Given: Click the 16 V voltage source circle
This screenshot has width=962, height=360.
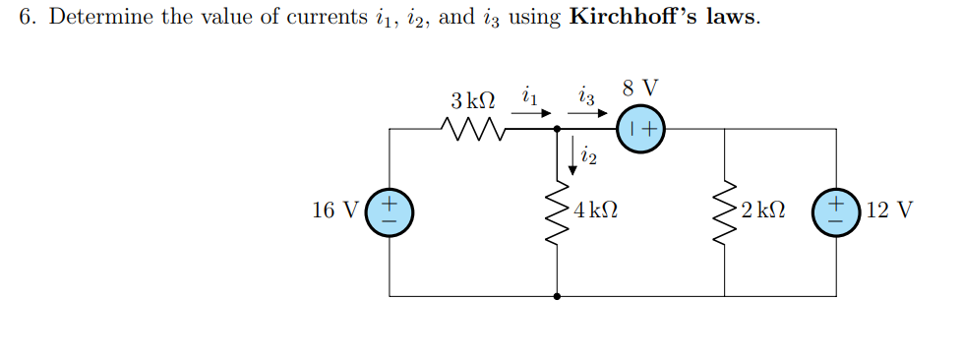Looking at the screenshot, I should (390, 211).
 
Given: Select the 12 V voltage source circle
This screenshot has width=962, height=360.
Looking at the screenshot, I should (837, 211).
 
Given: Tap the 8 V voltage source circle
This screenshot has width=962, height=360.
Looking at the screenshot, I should (641, 128).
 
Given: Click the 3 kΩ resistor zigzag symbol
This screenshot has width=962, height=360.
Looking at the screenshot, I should (474, 129).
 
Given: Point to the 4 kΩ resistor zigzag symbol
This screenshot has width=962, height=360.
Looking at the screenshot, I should (558, 211).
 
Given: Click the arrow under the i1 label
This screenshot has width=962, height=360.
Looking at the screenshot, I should (529, 113).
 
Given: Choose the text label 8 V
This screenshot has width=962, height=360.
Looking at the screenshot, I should (641, 88).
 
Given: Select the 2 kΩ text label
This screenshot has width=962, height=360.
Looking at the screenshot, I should (765, 210).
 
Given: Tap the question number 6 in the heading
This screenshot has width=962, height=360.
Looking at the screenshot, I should (26, 20).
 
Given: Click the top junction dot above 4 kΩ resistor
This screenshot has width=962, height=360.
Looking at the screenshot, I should (558, 129).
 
